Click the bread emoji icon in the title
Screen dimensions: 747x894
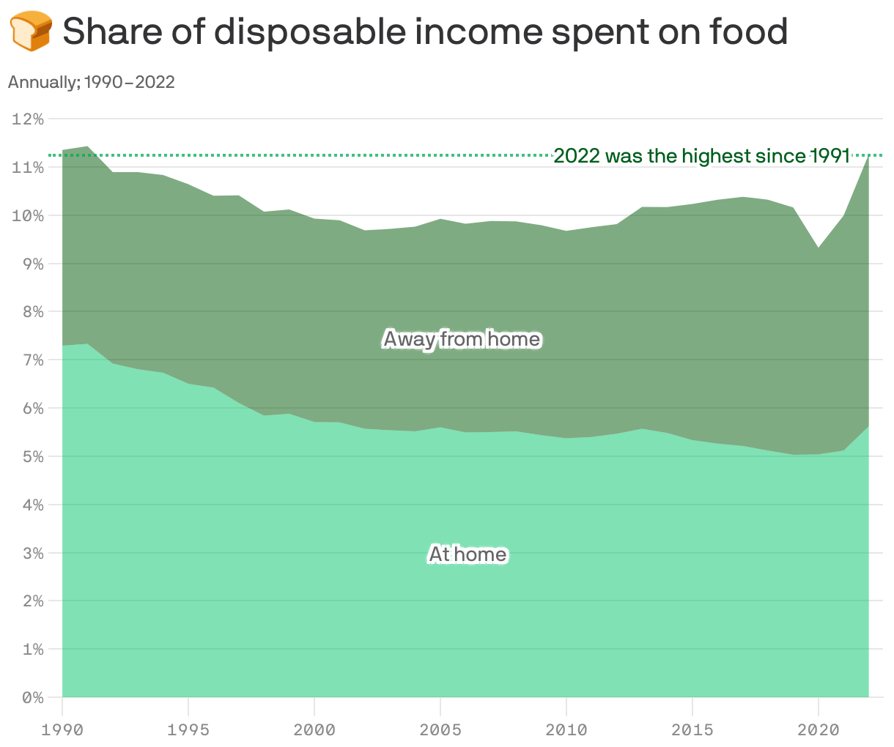[x=30, y=31]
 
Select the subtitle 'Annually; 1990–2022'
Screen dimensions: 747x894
[x=91, y=82]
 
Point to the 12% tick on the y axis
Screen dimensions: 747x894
[x=28, y=119]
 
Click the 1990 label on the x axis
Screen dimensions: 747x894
[x=62, y=730]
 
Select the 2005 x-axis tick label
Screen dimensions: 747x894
[x=440, y=730]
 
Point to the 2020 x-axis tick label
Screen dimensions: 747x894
[x=818, y=730]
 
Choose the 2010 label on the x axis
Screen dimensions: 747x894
[x=566, y=730]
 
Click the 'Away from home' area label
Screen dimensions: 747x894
[x=462, y=339]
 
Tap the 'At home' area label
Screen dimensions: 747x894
[x=468, y=554]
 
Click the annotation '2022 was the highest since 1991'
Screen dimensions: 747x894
[x=701, y=156]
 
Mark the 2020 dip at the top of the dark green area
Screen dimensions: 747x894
[x=819, y=248]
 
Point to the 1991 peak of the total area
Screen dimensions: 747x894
[x=88, y=147]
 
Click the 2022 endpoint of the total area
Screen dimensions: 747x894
[x=868, y=157]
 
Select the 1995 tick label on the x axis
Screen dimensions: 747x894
[x=188, y=730]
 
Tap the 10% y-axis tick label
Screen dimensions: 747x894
[x=28, y=216]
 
